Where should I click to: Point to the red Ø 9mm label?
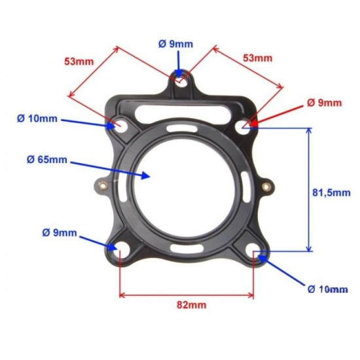coord(324,103)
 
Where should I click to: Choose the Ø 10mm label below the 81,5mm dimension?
coord(328,289)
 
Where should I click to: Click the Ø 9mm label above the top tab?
coord(175,45)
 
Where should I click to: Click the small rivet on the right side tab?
coord(264,186)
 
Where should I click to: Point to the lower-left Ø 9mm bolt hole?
coord(120,248)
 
